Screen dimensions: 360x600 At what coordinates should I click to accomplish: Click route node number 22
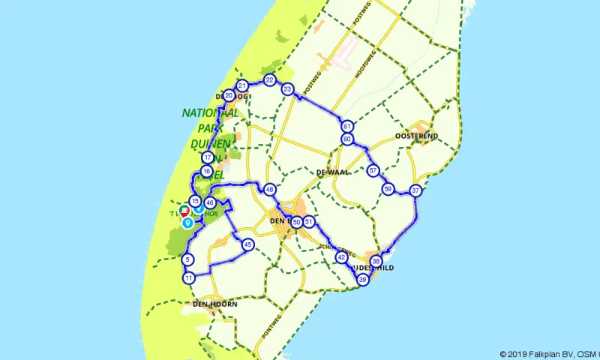(x=269, y=80)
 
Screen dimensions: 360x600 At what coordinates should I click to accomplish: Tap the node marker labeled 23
(x=287, y=89)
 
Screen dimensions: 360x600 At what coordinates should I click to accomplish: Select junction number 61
(x=347, y=127)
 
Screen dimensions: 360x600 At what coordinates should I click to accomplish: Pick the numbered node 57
(x=373, y=171)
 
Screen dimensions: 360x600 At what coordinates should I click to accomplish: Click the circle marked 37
(x=415, y=190)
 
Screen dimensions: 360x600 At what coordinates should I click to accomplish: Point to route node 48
(x=269, y=190)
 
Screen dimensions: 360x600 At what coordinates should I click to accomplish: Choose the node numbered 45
(x=247, y=244)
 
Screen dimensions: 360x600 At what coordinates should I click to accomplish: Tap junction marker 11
(x=188, y=278)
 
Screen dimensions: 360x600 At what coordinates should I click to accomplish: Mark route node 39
(x=363, y=279)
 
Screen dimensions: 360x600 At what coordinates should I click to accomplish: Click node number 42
(x=341, y=257)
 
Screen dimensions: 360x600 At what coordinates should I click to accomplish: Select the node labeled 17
(x=208, y=157)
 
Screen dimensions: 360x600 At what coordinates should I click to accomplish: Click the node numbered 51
(x=308, y=222)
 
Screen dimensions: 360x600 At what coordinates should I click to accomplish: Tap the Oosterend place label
(x=415, y=136)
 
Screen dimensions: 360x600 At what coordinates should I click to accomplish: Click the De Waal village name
(x=330, y=172)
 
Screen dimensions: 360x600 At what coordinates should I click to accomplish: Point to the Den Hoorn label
(x=214, y=304)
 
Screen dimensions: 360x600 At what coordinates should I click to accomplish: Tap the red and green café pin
(x=184, y=211)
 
